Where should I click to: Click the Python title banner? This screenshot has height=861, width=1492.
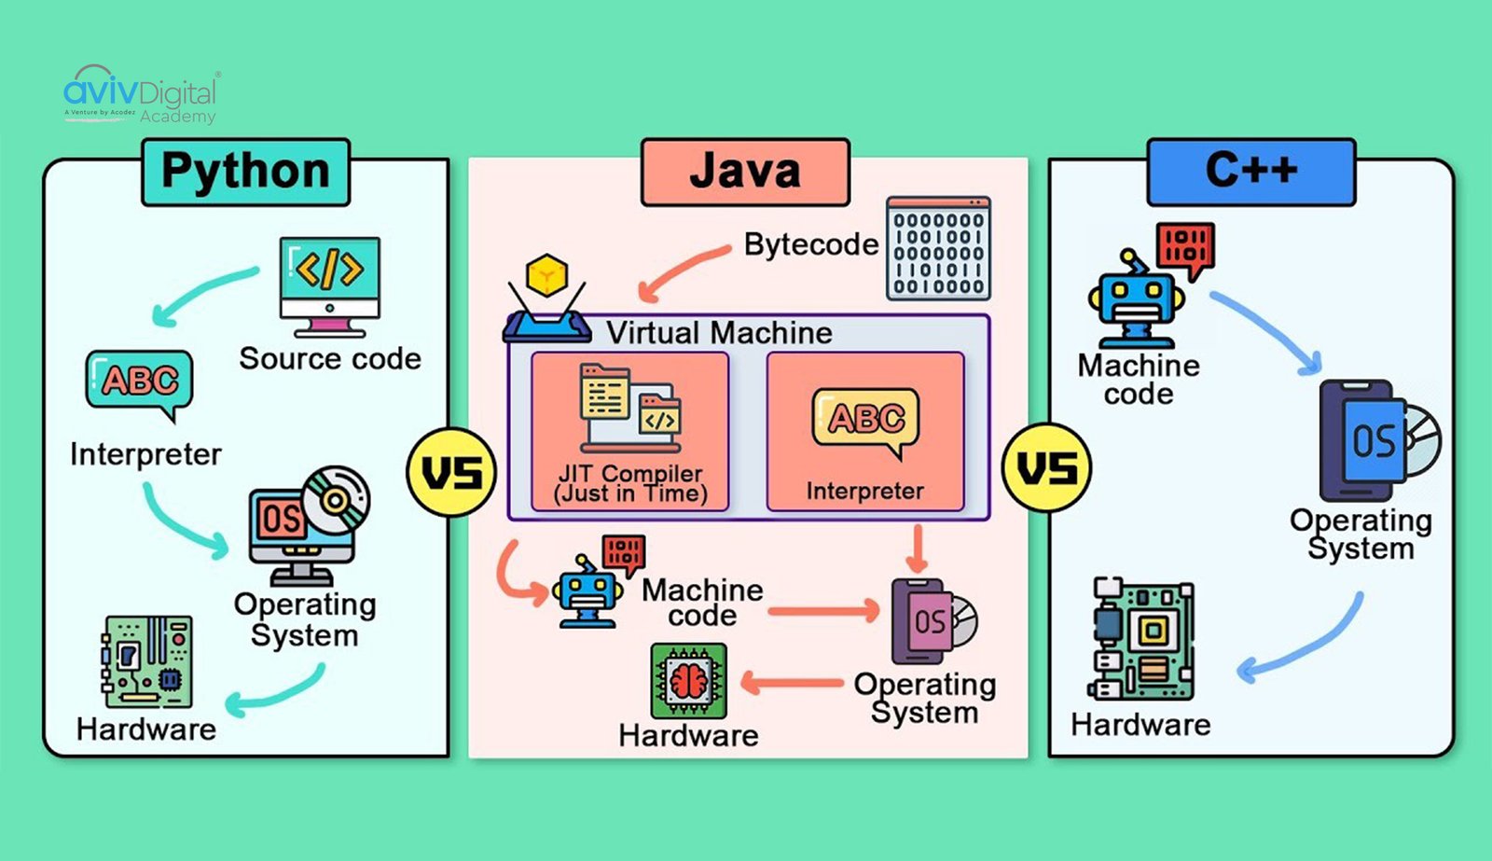point(245,173)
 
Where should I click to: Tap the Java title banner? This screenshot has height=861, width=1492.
point(745,173)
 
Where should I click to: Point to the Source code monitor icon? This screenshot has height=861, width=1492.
point(330,285)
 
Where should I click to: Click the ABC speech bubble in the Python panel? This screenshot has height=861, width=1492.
point(139,382)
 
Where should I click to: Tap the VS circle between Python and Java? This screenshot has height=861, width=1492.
point(451,472)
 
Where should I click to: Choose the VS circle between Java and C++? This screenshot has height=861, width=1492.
point(1045,468)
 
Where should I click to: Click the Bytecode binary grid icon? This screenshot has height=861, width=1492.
point(937,248)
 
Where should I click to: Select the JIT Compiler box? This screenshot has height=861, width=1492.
point(630,432)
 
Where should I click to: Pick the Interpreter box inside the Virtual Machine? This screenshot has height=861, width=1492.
point(864,432)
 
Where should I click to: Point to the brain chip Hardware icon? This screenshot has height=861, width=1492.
point(688,681)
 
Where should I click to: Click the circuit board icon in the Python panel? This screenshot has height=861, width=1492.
point(146,661)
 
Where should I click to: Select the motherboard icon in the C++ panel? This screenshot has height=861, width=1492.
point(1141,639)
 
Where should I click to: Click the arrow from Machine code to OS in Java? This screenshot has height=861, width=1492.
point(823,612)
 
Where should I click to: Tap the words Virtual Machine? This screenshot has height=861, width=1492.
point(719,333)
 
